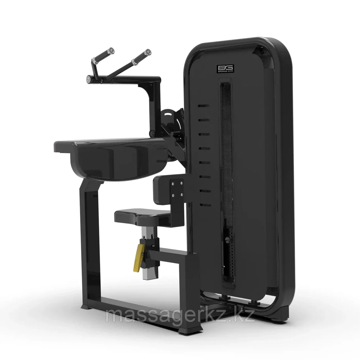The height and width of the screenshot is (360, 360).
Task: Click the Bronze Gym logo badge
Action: [225, 69]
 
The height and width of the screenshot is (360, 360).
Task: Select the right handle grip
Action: [141, 57]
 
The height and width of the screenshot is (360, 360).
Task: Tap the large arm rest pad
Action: [112, 158]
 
